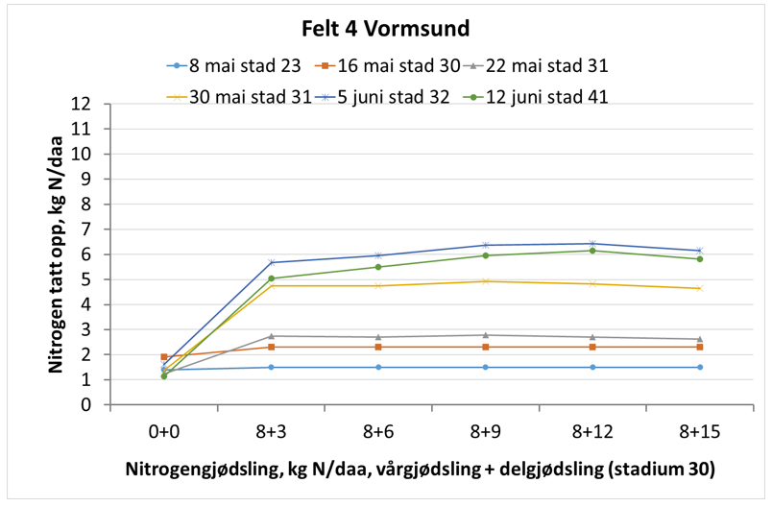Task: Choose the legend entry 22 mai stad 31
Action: tap(545, 66)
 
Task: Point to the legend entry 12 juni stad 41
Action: tap(545, 96)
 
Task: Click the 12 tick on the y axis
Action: tap(89, 104)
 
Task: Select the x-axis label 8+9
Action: tap(485, 432)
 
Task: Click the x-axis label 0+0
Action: tap(164, 432)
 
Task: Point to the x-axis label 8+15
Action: tap(699, 432)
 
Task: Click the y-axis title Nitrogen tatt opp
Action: tap(56, 253)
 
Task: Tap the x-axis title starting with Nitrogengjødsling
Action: tap(421, 471)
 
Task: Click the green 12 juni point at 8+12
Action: tap(592, 251)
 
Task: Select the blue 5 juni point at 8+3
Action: tap(272, 262)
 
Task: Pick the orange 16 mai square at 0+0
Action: tap(164, 357)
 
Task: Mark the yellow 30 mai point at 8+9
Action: tap(485, 281)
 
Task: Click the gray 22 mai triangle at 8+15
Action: tap(699, 339)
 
